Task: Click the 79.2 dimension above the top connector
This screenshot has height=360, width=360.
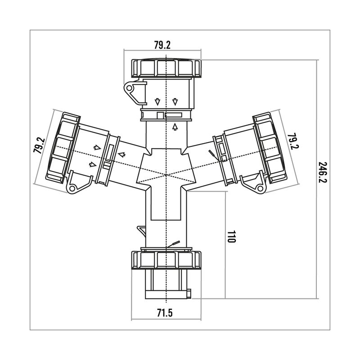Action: tap(162, 45)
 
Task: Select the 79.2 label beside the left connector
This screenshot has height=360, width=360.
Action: tap(40, 146)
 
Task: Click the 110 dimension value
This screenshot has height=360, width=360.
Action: tap(231, 237)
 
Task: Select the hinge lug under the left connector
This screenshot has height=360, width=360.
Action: tap(74, 183)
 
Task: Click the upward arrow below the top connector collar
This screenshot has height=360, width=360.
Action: tap(175, 127)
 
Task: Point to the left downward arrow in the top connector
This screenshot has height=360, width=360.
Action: tap(158, 100)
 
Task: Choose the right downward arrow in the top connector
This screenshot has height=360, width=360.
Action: tap(175, 100)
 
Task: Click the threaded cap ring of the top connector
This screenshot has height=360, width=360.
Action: tap(167, 68)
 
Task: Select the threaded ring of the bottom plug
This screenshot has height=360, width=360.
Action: tap(167, 260)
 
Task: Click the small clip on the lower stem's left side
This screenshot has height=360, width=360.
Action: tap(141, 231)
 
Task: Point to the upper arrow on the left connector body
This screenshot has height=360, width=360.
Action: tap(96, 147)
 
